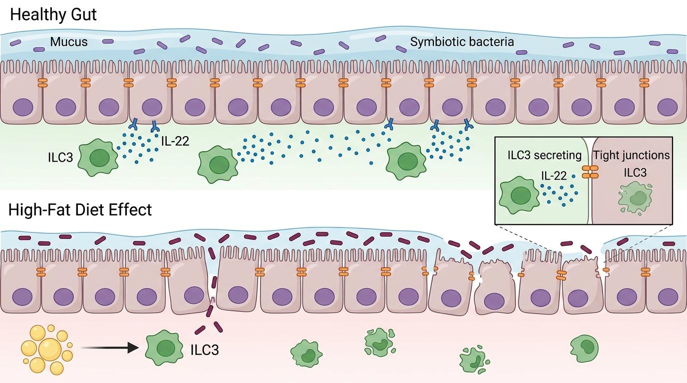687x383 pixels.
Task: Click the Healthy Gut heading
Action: click(53, 14)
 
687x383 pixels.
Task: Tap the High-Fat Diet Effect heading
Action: click(80, 210)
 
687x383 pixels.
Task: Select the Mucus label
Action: click(68, 42)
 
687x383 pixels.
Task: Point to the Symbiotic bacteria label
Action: click(462, 42)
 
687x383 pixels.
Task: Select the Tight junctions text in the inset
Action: click(631, 155)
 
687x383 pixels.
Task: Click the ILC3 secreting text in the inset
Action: click(544, 155)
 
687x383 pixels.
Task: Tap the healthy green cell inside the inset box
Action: click(519, 195)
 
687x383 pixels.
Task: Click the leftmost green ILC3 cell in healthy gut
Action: click(99, 158)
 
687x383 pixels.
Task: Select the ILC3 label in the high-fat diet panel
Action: click(205, 350)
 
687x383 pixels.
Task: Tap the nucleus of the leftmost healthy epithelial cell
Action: click(21, 106)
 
